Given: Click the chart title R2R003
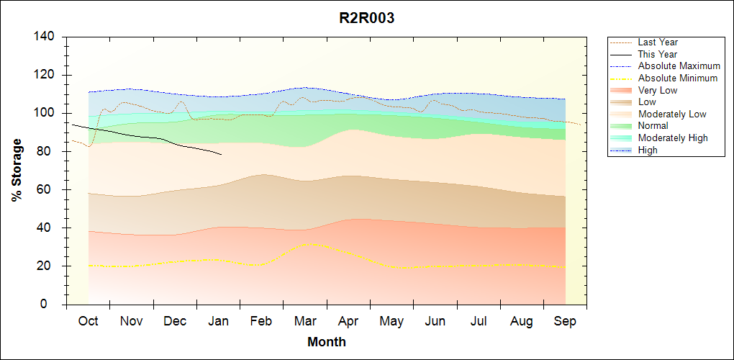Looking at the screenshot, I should click(x=366, y=19).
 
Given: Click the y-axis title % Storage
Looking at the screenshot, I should click(x=17, y=170).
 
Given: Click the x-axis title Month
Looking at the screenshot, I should click(x=326, y=342).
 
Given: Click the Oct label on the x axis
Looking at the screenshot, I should click(x=89, y=321).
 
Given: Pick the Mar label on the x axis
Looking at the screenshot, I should click(x=305, y=321).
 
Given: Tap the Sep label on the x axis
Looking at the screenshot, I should click(x=565, y=321).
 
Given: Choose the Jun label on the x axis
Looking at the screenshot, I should click(x=435, y=321).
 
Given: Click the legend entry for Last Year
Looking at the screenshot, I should click(x=658, y=42).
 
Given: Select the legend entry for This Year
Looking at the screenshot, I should click(x=658, y=54).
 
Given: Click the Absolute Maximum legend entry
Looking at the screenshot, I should click(x=679, y=66).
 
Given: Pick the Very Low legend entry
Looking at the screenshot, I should click(x=658, y=90).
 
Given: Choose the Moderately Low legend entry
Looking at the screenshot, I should click(x=672, y=114).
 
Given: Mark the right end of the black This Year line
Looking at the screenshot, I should click(x=221, y=154).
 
